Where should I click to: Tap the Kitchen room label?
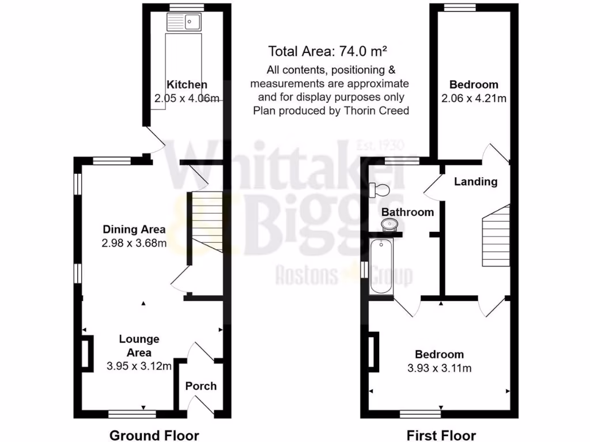click(x=186, y=85)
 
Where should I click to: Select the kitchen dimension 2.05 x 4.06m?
click(x=187, y=99)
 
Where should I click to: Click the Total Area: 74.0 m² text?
click(x=327, y=52)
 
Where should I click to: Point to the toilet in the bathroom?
click(x=381, y=189)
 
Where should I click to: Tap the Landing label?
click(x=475, y=182)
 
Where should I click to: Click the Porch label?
click(x=201, y=386)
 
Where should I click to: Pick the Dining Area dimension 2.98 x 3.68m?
click(x=134, y=243)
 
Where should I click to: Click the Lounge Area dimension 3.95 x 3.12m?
click(x=139, y=365)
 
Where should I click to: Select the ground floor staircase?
click(x=206, y=222)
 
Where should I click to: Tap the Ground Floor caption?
click(x=154, y=435)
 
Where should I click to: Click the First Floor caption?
click(x=441, y=435)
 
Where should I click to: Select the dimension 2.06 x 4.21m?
click(x=474, y=98)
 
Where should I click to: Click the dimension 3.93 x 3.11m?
click(x=440, y=368)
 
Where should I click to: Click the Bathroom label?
click(x=408, y=212)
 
